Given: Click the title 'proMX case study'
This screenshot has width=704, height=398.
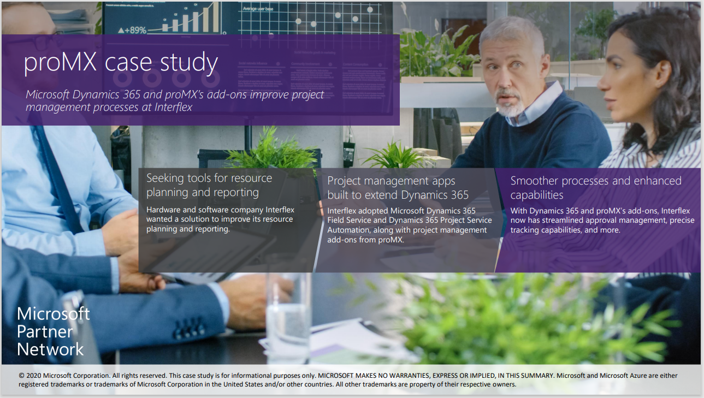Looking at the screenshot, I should (121, 63).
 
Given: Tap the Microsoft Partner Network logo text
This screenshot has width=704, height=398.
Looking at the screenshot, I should (53, 331).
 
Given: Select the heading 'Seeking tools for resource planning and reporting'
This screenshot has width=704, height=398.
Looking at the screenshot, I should (209, 185).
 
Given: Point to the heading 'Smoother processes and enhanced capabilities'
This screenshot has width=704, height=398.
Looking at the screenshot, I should (596, 188).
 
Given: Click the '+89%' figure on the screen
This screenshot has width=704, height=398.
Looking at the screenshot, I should (132, 29).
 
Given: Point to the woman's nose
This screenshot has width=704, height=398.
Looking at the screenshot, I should (602, 82).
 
